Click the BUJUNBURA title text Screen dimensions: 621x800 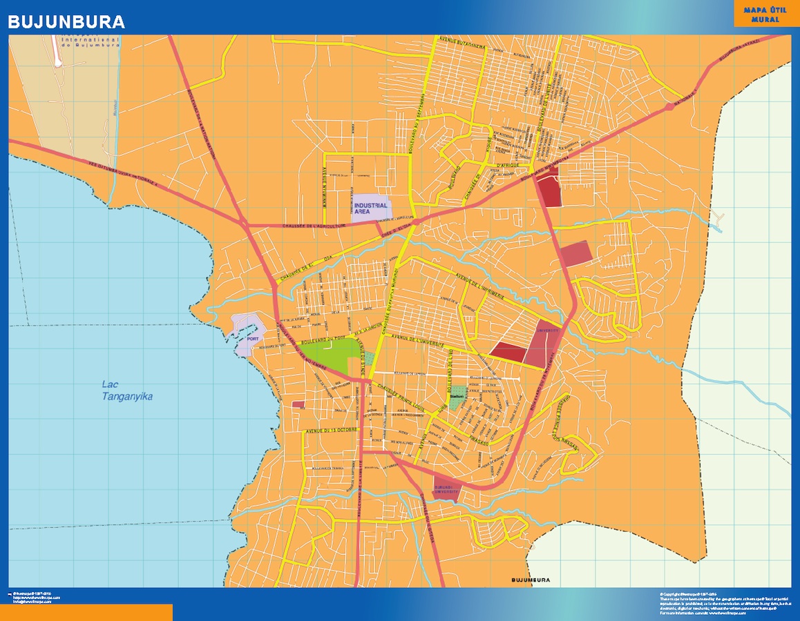click(66, 22)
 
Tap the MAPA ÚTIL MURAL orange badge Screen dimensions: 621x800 click(766, 14)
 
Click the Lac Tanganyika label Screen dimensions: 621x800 click(127, 391)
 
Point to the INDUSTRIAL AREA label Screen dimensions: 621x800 click(371, 208)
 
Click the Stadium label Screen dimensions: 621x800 click(456, 398)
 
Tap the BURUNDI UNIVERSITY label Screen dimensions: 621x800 click(446, 489)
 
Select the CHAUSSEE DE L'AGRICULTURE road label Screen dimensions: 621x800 click(314, 226)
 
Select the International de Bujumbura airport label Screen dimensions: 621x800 click(91, 43)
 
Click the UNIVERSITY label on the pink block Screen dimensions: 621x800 click(548, 331)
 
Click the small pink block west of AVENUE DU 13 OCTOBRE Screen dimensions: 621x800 click(298, 404)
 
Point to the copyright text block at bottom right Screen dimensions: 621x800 click(718, 602)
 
